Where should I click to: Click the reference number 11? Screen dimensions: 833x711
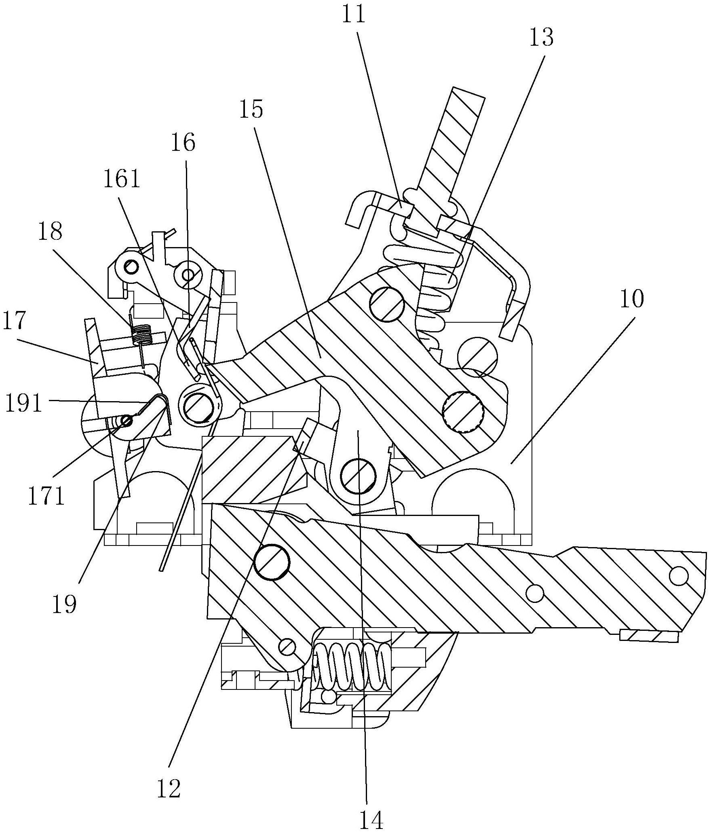354,15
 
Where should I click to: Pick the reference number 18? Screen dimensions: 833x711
50,232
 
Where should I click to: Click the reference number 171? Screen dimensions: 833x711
46,497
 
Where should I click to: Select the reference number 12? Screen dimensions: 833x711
169,788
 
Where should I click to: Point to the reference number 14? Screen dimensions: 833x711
371,820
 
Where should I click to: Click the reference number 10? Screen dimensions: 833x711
632,299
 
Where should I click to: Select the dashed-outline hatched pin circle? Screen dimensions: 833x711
463,412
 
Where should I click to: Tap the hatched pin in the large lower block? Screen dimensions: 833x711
272,562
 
